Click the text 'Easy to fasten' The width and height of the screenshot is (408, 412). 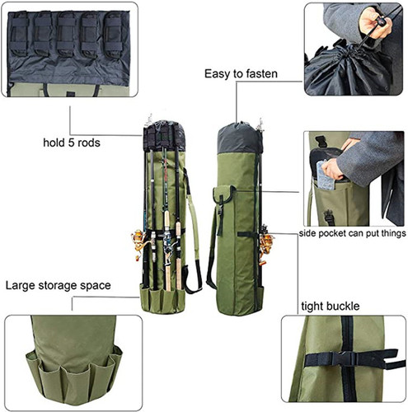click(x=241, y=74)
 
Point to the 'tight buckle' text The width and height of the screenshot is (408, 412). click(x=328, y=307)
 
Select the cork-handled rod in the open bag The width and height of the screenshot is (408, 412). click(x=166, y=247)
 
